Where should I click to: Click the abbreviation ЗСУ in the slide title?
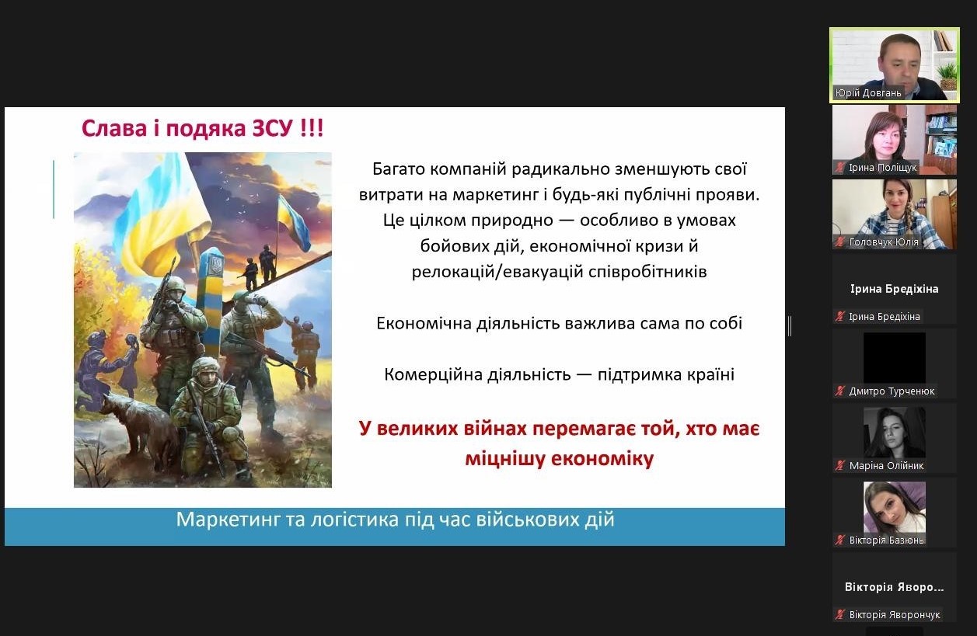pyautogui.click(x=273, y=129)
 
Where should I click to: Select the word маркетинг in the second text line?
pyautogui.click(x=495, y=195)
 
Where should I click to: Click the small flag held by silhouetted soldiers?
pyautogui.click(x=293, y=223)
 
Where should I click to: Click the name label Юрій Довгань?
pyautogui.click(x=868, y=93)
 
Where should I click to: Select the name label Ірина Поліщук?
pyautogui.click(x=882, y=168)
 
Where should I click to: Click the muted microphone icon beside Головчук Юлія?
pyautogui.click(x=839, y=242)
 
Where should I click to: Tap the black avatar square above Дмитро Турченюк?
pyautogui.click(x=894, y=357)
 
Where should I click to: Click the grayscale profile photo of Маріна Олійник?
pyautogui.click(x=894, y=432)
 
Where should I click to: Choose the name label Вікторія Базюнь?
pyautogui.click(x=886, y=540)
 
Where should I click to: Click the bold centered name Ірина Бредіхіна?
pyautogui.click(x=894, y=289)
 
